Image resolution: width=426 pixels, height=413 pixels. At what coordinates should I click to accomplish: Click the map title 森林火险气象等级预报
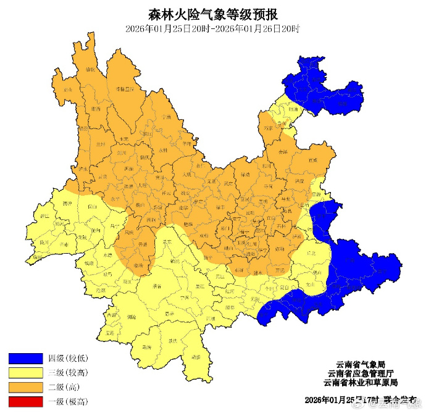213,14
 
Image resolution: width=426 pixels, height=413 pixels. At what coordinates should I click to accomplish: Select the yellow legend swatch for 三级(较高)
25,373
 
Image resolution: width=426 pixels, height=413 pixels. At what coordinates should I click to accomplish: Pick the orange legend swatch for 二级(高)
25,388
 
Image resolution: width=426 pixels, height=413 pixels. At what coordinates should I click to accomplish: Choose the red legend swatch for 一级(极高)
25,402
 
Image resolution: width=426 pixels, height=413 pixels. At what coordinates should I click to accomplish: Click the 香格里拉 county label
125,90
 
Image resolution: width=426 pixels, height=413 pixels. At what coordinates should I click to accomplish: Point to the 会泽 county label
283,151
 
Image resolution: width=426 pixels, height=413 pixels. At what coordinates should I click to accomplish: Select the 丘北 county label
311,252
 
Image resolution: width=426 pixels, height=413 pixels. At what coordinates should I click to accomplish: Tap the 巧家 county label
267,128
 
